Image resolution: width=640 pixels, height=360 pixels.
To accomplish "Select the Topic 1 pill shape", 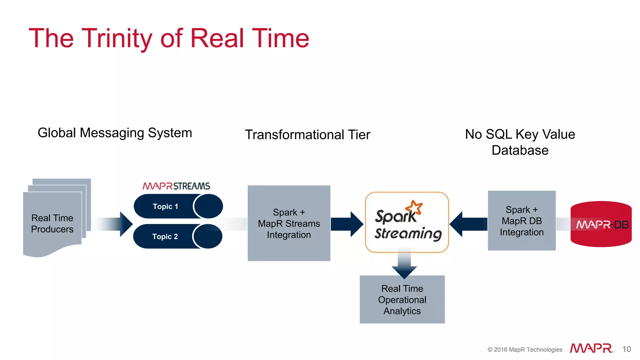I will click(x=178, y=206).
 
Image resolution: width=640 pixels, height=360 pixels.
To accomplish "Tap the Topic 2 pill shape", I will click(x=177, y=236).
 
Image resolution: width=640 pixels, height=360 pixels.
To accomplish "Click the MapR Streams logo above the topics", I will click(x=176, y=186).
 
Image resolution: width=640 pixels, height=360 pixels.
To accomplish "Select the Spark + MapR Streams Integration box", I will click(x=289, y=223).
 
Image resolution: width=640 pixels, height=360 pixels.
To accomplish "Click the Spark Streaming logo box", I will click(x=407, y=222).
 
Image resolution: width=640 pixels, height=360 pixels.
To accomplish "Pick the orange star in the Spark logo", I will click(x=414, y=207).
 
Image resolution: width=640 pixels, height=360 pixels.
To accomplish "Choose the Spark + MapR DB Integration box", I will click(x=522, y=221).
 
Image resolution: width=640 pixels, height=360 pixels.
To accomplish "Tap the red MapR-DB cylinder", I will click(x=601, y=224).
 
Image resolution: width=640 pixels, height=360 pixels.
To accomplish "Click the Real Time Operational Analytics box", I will click(x=402, y=299).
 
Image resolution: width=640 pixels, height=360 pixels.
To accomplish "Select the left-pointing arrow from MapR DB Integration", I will click(x=468, y=224).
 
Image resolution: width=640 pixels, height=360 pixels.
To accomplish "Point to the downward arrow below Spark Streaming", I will click(x=404, y=266).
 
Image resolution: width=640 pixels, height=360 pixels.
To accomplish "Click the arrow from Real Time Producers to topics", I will click(x=116, y=224).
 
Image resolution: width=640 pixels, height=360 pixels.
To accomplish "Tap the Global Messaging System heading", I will click(x=115, y=133).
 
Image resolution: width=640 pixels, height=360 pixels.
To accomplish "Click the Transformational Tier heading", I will click(x=307, y=135).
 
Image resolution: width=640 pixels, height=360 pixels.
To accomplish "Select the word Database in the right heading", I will click(x=520, y=150).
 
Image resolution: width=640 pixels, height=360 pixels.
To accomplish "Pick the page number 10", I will click(x=626, y=349).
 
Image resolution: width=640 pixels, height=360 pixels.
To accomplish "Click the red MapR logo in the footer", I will click(x=591, y=348).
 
